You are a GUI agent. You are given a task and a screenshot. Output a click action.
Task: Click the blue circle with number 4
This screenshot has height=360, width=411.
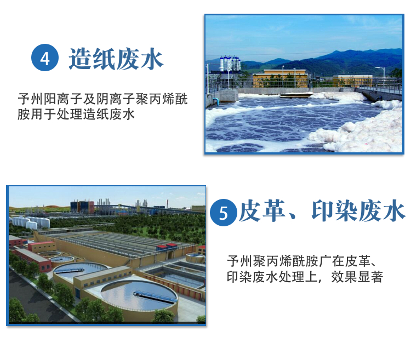click(x=45, y=58)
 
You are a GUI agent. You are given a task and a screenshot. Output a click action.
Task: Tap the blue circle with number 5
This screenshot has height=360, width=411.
click(x=224, y=213)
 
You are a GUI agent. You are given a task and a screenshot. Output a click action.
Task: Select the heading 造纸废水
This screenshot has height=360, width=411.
click(x=116, y=59)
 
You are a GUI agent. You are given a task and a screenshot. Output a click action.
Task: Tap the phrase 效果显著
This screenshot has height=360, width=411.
click(x=357, y=277)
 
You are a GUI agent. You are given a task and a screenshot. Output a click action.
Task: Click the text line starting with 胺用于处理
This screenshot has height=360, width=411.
click(x=76, y=114)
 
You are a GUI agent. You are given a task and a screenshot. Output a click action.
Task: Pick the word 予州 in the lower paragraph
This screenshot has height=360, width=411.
click(x=239, y=261)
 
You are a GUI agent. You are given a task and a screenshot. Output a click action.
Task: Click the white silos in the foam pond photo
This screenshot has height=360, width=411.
click(x=230, y=64)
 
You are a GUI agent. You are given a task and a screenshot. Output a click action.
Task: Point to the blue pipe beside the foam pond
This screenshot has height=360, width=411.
click(x=215, y=101)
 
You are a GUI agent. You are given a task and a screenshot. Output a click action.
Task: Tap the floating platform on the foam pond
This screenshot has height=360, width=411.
click(x=296, y=95)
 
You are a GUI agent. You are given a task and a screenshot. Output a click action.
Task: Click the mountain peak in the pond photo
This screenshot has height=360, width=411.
click(x=341, y=52)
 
